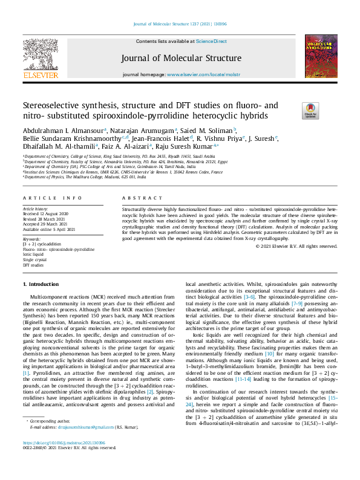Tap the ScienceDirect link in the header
211,42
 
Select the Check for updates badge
310,111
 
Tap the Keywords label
34,239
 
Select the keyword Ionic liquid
33,254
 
